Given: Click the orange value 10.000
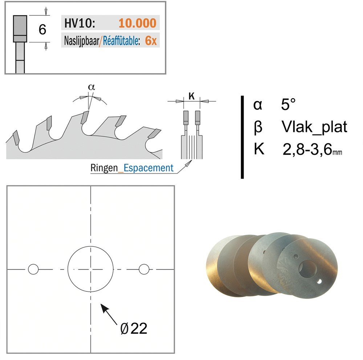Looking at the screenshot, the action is tap(138, 23).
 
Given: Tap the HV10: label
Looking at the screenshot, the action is tap(79, 23).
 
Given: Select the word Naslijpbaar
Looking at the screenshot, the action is tap(81, 41).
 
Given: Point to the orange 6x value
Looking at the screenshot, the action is tap(151, 41).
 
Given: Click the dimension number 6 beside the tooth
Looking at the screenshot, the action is tap(42, 29).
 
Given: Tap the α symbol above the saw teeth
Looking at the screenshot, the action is tap(91, 87).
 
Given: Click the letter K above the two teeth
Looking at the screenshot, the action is tap(191, 96).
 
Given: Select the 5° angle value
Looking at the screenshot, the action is tap(288, 105).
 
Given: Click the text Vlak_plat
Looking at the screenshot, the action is tap(314, 127).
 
